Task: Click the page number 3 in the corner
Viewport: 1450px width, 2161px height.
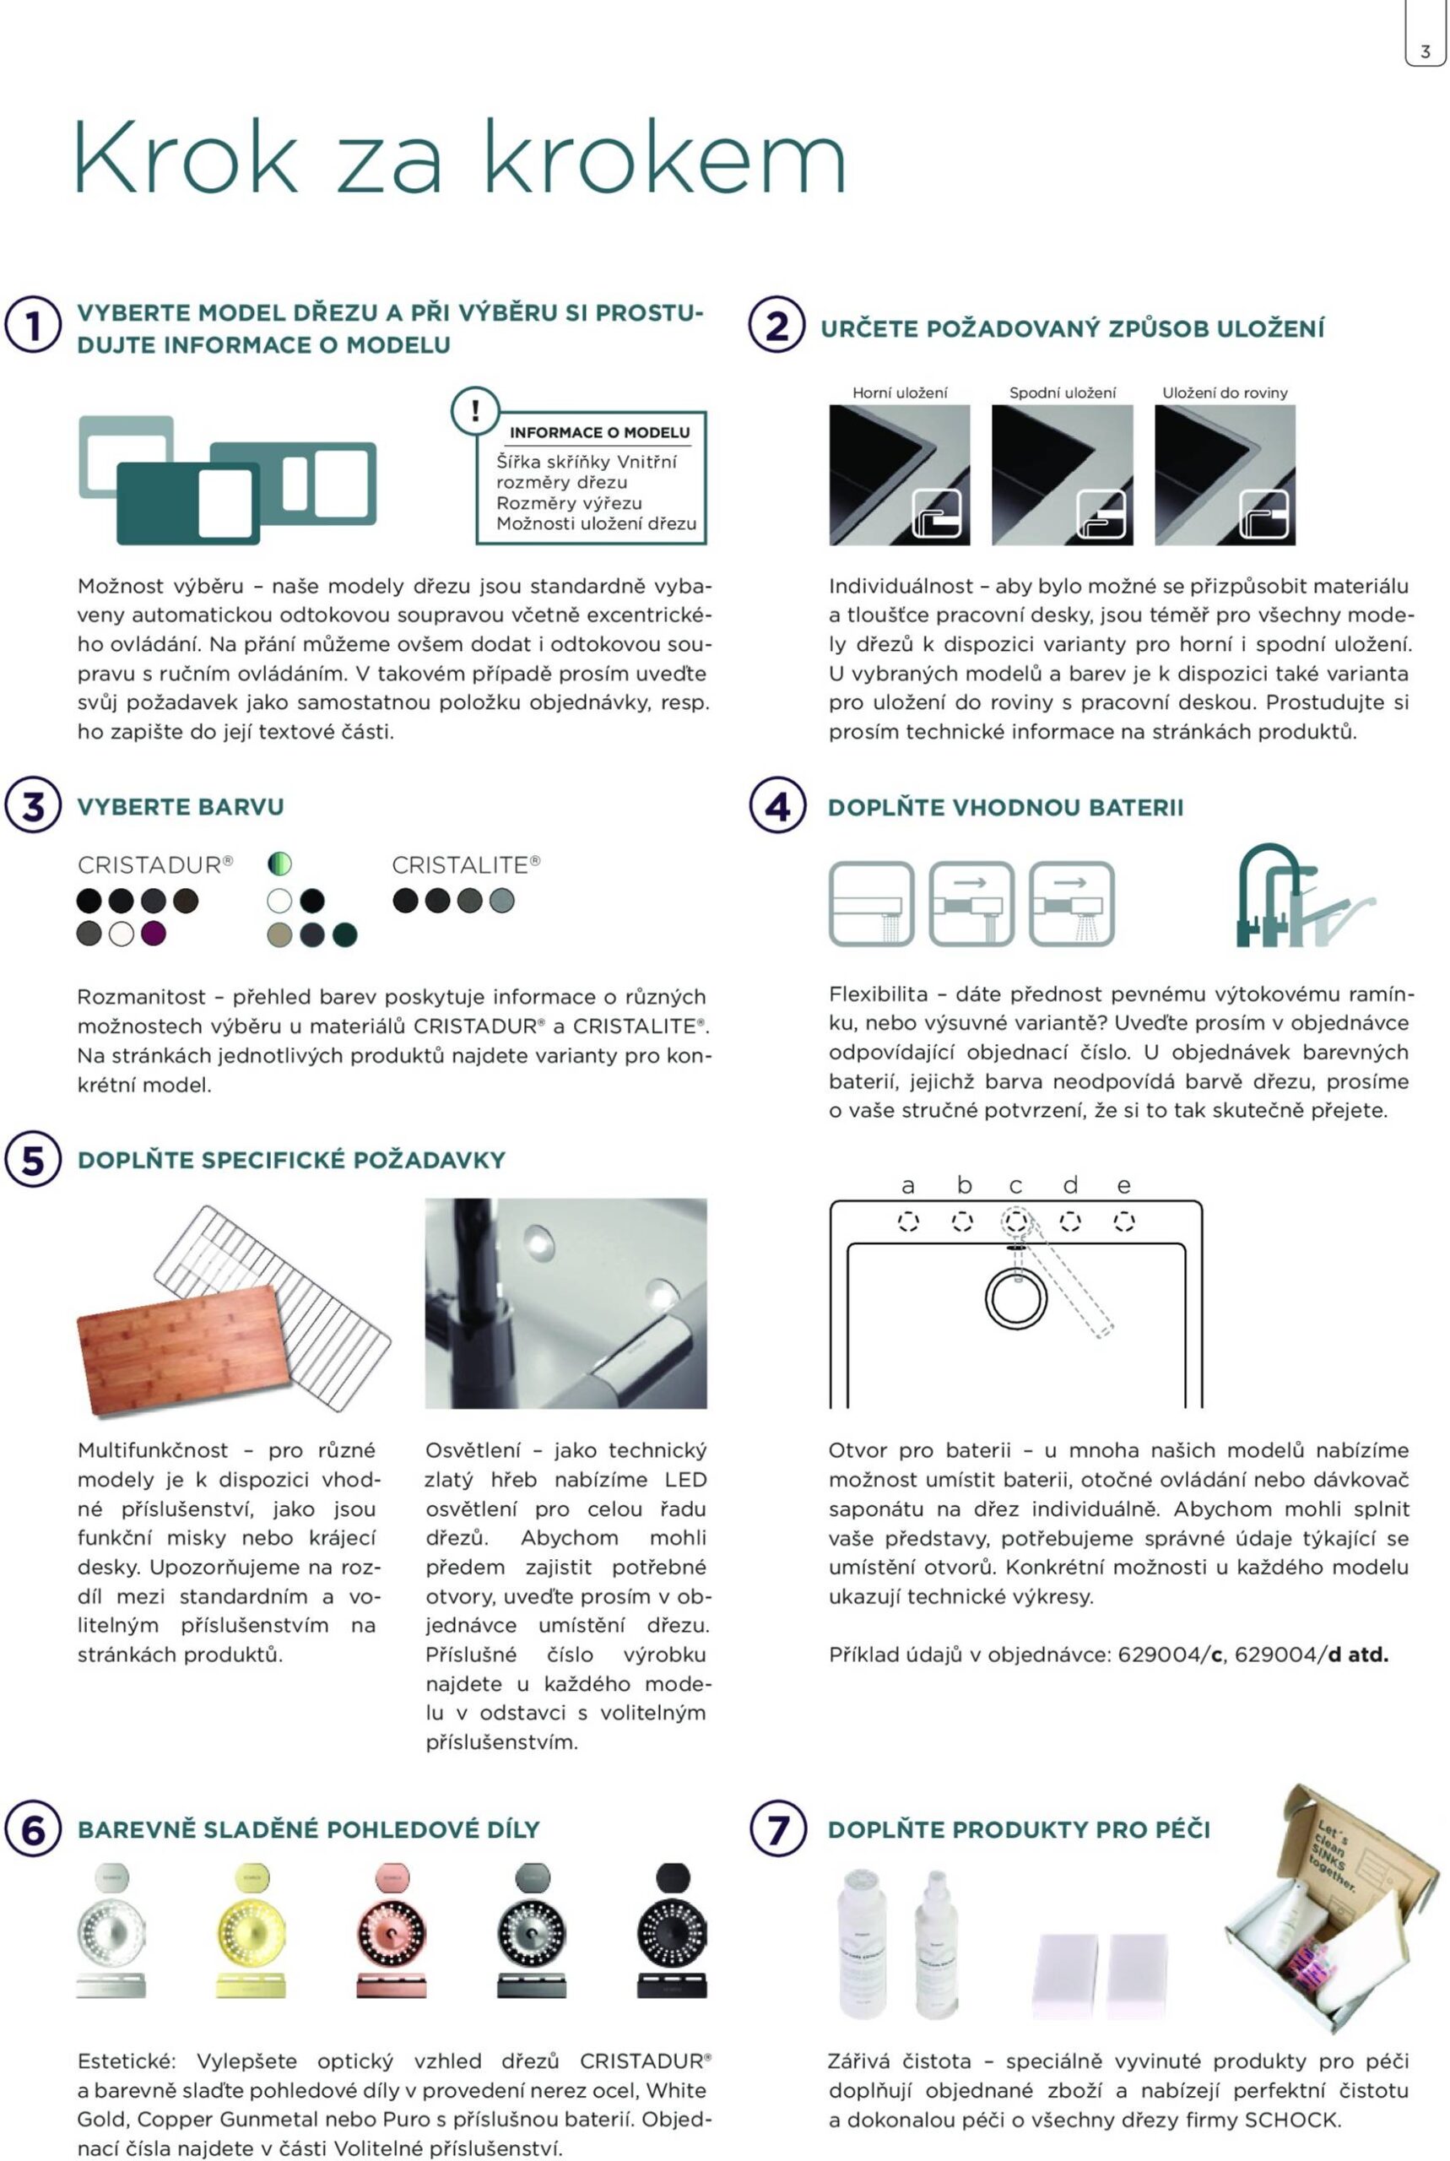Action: point(1425,51)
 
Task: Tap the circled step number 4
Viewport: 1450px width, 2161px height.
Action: point(776,805)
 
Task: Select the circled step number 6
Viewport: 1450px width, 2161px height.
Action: point(33,1829)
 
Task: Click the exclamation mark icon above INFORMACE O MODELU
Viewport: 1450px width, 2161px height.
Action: point(475,410)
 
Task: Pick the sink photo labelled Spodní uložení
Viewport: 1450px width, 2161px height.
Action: point(1062,474)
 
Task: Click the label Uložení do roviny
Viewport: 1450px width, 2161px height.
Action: point(1225,392)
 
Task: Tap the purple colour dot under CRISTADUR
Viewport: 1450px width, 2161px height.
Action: point(154,933)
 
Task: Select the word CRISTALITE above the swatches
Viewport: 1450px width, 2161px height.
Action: point(460,864)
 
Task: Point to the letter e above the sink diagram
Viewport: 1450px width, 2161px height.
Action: point(1123,1185)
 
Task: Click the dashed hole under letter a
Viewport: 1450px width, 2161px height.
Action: point(908,1221)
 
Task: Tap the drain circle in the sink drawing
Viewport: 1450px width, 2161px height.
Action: point(1015,1298)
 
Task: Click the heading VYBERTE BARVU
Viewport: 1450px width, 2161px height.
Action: point(181,806)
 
